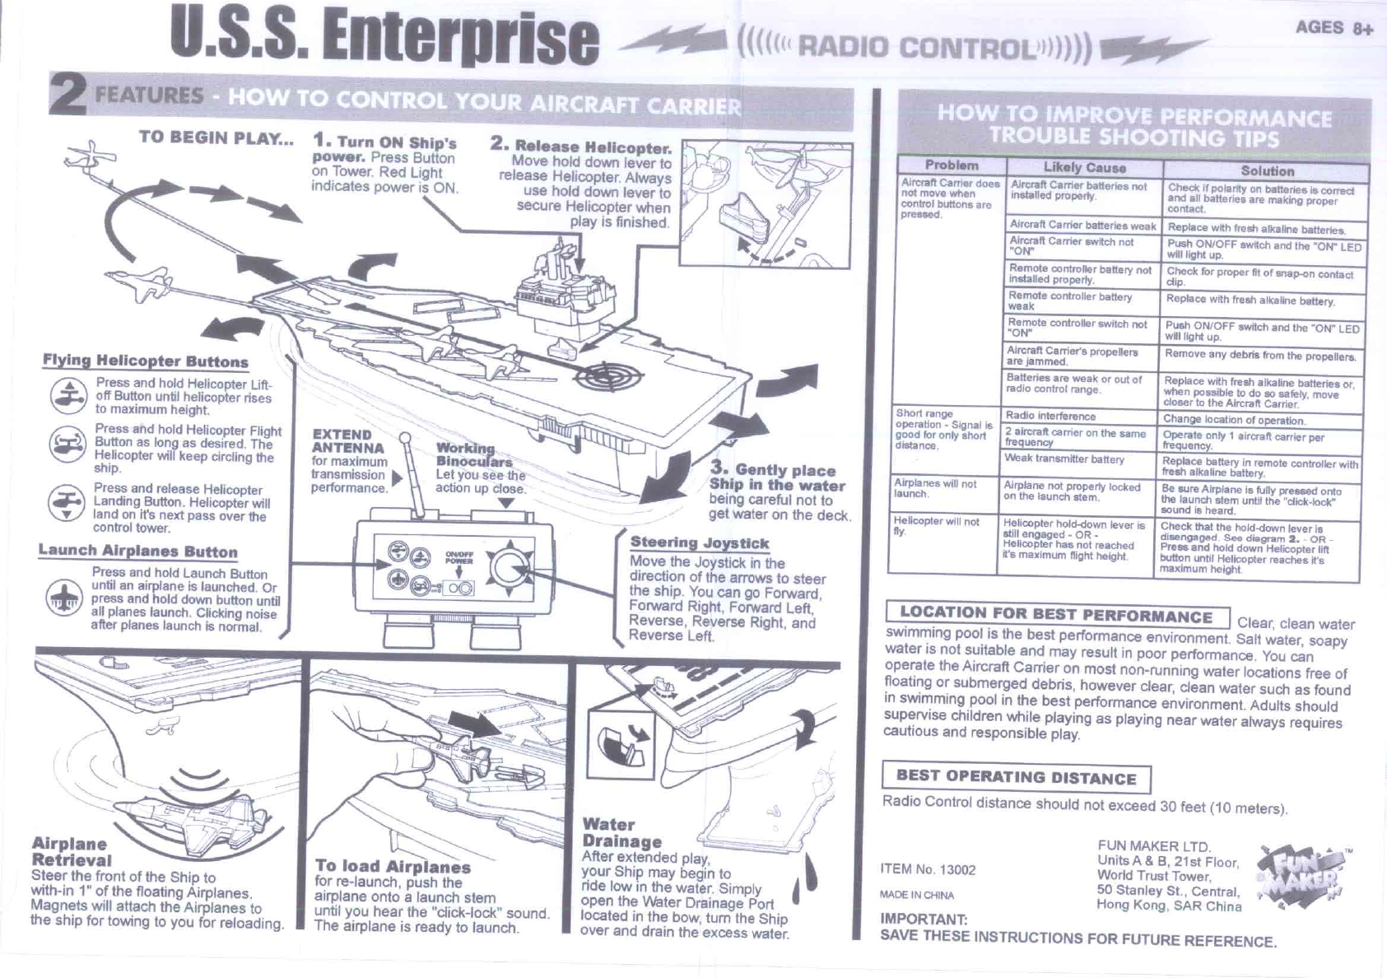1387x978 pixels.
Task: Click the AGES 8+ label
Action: pos(1334,28)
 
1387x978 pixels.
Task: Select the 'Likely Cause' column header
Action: pos(1084,167)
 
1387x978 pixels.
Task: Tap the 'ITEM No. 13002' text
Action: pos(928,869)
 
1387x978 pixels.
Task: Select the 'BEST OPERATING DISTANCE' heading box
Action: pos(1016,777)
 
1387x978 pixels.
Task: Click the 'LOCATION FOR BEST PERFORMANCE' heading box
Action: pos(1057,614)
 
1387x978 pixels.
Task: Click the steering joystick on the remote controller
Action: pos(510,568)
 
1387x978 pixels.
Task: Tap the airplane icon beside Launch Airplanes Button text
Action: pos(63,598)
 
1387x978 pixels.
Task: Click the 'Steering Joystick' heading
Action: pos(699,543)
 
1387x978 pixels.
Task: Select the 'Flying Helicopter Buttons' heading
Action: pos(146,361)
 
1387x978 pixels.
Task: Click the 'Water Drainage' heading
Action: pos(621,833)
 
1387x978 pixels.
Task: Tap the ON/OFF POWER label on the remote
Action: pos(458,558)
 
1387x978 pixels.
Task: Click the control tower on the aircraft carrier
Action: pos(565,291)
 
